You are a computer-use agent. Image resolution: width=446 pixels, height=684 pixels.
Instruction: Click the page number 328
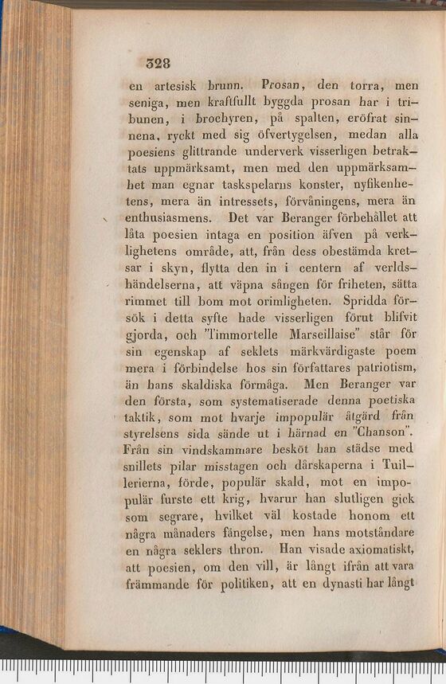pyautogui.click(x=158, y=63)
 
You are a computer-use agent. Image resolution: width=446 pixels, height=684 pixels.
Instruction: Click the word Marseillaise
pyautogui.click(x=324, y=334)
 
